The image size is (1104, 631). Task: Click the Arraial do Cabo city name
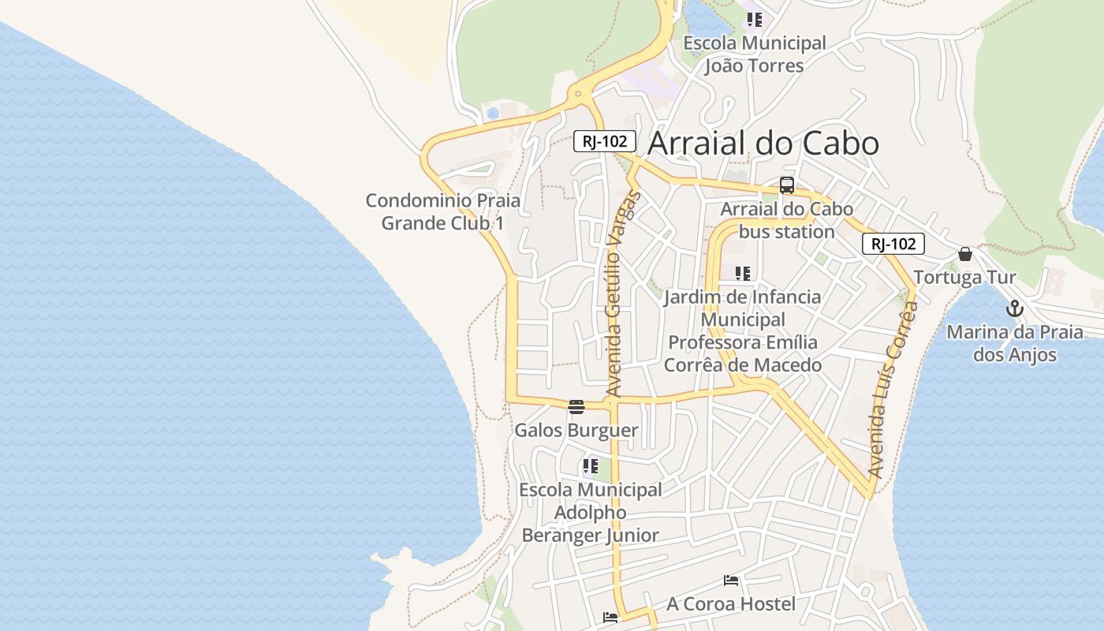click(x=763, y=144)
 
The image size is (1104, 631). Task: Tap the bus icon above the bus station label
click(x=786, y=186)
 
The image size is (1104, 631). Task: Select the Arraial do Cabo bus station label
click(x=787, y=221)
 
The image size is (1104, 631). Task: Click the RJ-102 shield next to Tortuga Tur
click(x=893, y=245)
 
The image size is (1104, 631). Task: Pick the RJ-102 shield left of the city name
click(x=604, y=142)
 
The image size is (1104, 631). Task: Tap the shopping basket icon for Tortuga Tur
click(x=964, y=254)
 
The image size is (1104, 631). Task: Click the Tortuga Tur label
click(x=964, y=278)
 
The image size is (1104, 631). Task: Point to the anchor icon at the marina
click(x=1014, y=308)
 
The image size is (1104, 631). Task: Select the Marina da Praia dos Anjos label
click(x=1015, y=343)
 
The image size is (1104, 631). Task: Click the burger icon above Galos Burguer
click(x=576, y=407)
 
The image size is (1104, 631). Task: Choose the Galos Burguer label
click(x=576, y=431)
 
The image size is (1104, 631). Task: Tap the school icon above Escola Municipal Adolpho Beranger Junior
click(x=590, y=466)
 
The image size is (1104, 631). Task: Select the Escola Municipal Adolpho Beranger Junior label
click(x=590, y=513)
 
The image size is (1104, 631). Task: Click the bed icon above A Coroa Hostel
click(x=731, y=581)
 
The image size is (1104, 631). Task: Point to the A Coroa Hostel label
click(x=731, y=604)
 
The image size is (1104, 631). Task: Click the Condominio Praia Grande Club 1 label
click(x=442, y=211)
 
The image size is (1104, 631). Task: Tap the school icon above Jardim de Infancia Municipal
click(x=742, y=274)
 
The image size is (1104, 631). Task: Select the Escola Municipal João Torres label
click(x=754, y=54)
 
